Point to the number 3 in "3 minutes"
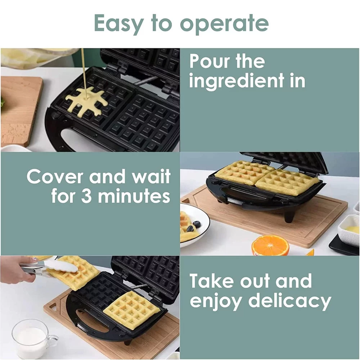click(x=86, y=196)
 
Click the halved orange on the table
click(x=270, y=246)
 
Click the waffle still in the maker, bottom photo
click(x=131, y=310)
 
